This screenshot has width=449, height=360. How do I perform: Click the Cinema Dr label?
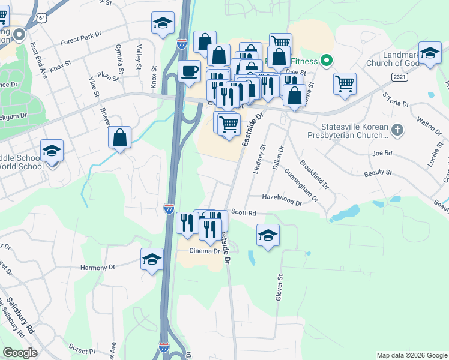pos(205,251)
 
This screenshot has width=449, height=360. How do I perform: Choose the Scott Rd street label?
pos(244,212)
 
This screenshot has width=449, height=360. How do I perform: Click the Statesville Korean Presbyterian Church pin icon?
pos(397,130)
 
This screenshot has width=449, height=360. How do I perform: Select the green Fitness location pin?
pos(327,60)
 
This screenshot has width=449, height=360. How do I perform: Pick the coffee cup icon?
pos(190,71)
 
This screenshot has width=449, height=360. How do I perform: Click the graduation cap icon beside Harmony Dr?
pos(152,259)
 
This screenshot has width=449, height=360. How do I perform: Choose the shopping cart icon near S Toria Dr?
pos(345,83)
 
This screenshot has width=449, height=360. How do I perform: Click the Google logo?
pos(20,352)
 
